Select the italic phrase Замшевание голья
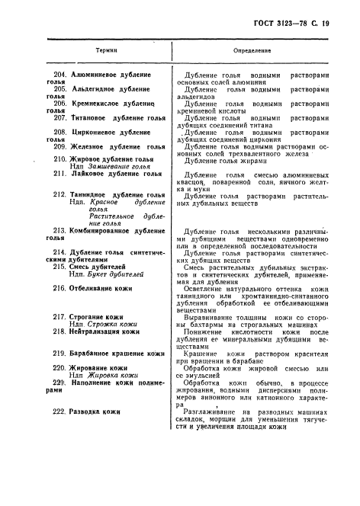coord(117,166)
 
